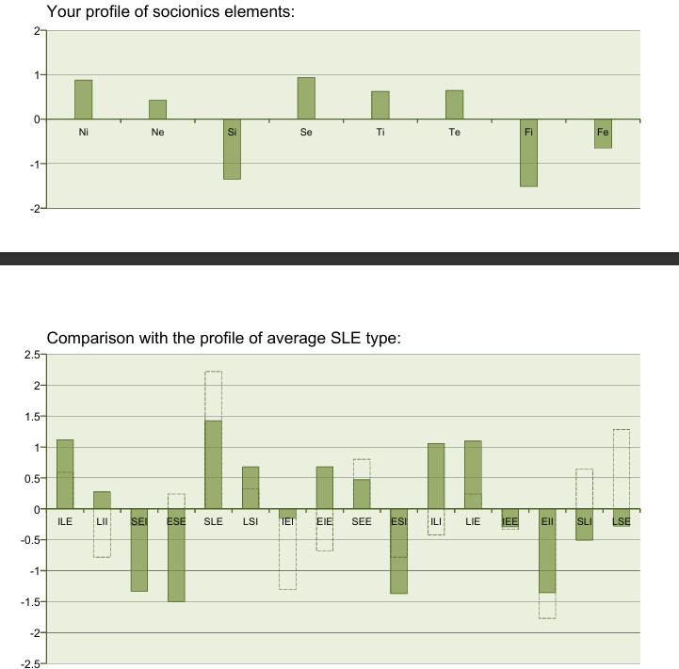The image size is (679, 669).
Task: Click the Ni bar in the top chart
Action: pos(84,99)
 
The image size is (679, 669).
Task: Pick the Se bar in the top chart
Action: pos(306,98)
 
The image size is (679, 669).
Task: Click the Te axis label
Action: pos(455,133)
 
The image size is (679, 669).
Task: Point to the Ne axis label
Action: pos(157,133)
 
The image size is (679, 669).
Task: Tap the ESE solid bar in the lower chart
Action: pos(176,555)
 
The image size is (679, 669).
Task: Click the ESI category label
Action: pos(398,520)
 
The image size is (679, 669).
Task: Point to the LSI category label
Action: pos(251,520)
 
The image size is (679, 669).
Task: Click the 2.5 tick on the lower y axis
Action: pos(28,355)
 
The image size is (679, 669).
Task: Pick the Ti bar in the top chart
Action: pos(380,104)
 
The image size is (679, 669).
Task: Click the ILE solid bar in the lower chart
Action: pos(65,474)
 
